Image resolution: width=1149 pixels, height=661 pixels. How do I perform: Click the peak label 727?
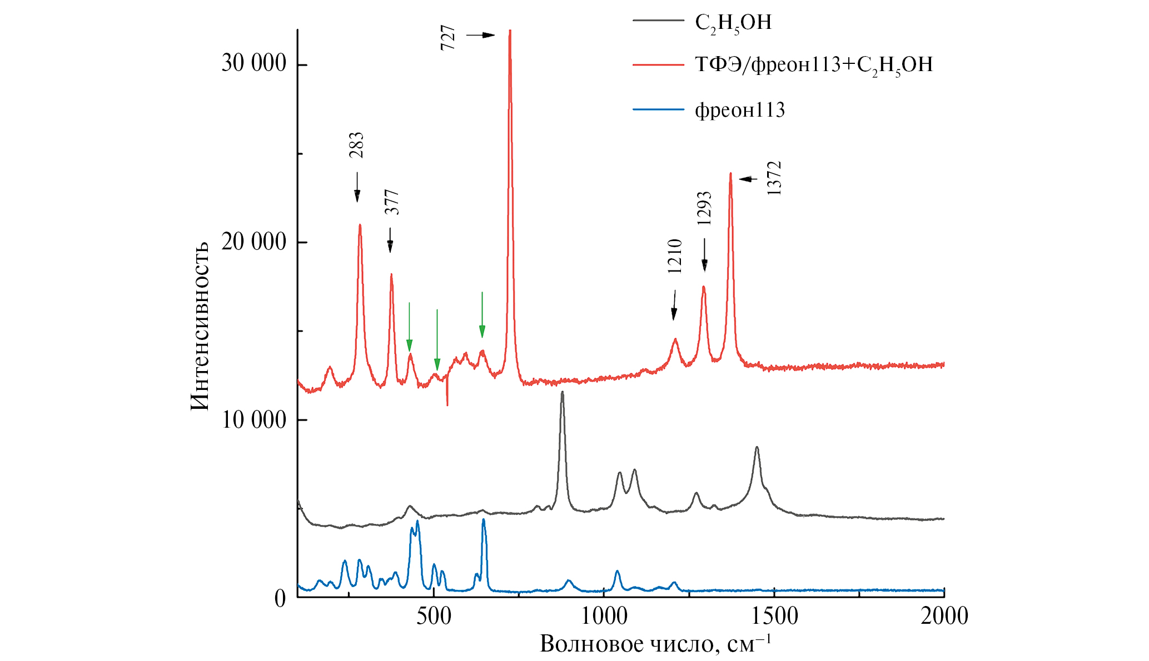(x=448, y=38)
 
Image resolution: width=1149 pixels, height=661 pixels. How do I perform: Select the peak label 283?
(x=356, y=145)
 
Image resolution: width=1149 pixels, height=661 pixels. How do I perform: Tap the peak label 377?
(x=392, y=202)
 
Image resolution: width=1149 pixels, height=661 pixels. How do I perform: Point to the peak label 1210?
(x=674, y=256)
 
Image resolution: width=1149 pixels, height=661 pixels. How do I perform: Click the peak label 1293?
(x=704, y=208)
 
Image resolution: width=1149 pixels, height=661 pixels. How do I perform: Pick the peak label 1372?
(x=774, y=178)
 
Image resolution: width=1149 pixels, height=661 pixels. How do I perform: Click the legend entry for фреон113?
(x=739, y=110)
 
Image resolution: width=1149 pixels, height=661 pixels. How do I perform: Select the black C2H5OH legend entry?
(x=733, y=23)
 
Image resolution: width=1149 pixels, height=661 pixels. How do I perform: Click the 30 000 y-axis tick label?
(x=253, y=63)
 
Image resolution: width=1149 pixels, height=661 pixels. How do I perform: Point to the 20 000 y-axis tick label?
(x=253, y=242)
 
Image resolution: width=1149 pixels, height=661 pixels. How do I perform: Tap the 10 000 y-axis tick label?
(x=253, y=419)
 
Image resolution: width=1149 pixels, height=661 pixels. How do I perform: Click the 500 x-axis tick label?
(x=434, y=615)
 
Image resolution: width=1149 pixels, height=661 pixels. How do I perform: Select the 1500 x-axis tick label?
(x=774, y=615)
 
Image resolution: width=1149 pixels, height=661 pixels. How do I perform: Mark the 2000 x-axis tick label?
(x=944, y=615)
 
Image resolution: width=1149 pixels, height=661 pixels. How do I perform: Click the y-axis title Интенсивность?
(x=200, y=326)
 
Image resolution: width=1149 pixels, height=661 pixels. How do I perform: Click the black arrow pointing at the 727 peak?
(x=480, y=35)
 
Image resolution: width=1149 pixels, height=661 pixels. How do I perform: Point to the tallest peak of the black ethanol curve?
(x=562, y=393)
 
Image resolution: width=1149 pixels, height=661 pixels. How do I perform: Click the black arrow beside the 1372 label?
(x=748, y=179)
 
